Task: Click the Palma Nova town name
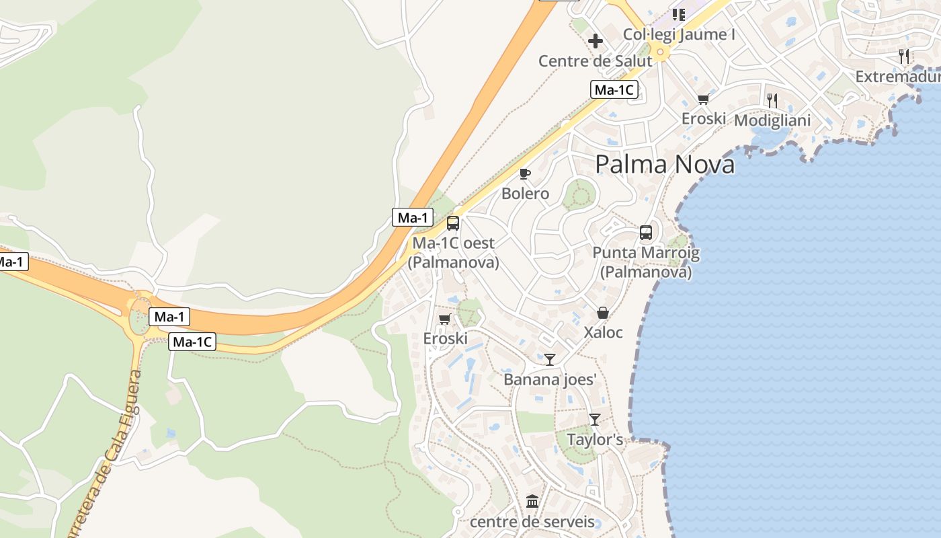(665, 164)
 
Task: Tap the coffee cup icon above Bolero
(525, 174)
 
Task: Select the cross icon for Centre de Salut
(595, 41)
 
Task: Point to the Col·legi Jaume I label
(679, 34)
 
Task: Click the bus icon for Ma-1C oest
(453, 223)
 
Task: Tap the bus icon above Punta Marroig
(645, 233)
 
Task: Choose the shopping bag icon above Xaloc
(602, 313)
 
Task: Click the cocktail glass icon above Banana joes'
(550, 360)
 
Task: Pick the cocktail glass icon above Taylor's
(594, 420)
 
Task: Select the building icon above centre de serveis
(532, 502)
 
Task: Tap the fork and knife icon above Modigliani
(772, 101)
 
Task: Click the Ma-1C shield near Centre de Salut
(614, 89)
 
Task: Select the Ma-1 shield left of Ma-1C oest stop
(413, 217)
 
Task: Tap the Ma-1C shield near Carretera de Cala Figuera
(193, 342)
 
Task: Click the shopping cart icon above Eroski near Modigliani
(703, 100)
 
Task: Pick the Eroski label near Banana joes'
(445, 338)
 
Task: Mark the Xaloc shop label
(603, 332)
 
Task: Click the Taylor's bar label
(595, 440)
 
